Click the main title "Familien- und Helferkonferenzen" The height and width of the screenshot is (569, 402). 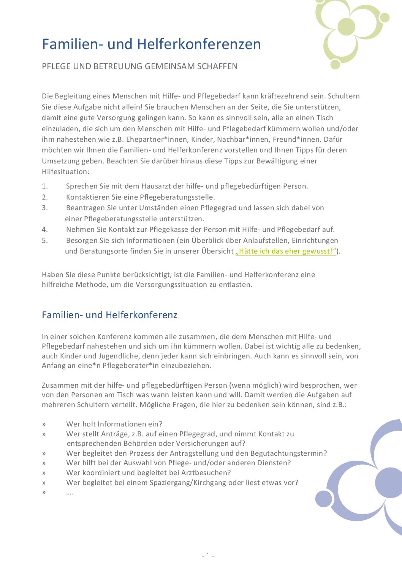[x=151, y=44]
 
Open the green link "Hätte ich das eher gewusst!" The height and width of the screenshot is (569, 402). [x=286, y=251]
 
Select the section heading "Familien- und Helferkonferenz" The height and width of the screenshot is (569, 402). [x=109, y=315]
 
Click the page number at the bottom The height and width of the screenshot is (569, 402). [x=208, y=555]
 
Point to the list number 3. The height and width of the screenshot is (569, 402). [x=45, y=208]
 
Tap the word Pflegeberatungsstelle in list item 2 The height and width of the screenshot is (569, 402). [x=177, y=197]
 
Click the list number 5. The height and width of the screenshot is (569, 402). [x=45, y=240]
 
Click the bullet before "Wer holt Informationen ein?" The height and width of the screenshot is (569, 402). [x=44, y=424]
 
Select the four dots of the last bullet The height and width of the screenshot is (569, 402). [x=70, y=493]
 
